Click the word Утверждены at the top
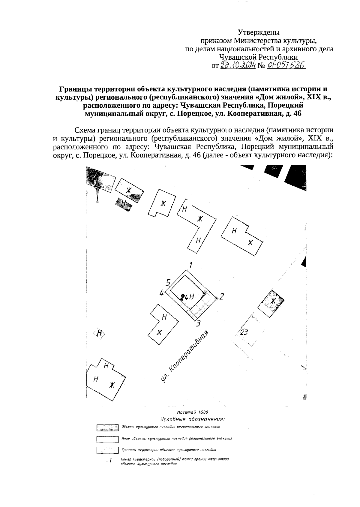pos(258,32)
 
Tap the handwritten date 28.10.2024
pos(238,65)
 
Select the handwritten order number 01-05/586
pos(285,65)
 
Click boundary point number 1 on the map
pos(190,265)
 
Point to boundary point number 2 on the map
pos(222,296)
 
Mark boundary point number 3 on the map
pos(198,323)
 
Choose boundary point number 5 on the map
pos(168,282)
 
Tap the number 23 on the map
pos(244,332)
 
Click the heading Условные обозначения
pos(193,419)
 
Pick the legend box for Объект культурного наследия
pos(107,427)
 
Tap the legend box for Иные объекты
pos(107,439)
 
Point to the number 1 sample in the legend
pos(110,460)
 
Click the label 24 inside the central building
pos(184,297)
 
